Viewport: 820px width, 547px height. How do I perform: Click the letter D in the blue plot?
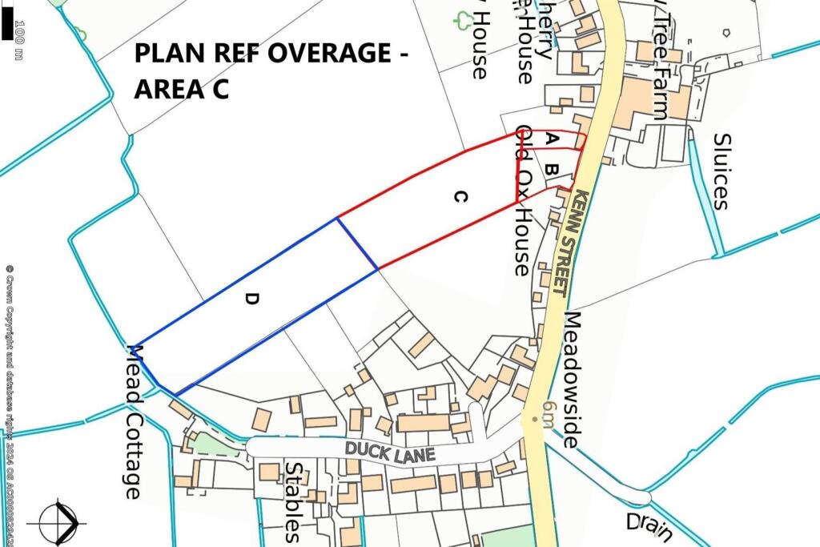click(252, 299)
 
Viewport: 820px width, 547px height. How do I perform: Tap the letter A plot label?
click(551, 139)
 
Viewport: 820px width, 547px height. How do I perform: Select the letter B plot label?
click(551, 170)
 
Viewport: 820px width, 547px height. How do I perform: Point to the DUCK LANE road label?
click(391, 452)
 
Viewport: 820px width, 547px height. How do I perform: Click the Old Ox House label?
click(524, 200)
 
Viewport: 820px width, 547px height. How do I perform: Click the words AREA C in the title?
click(182, 89)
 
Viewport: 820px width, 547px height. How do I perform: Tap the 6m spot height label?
click(547, 415)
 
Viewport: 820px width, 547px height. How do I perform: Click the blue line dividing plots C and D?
click(356, 243)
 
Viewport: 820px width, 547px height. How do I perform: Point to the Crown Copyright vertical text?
click(9, 384)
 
